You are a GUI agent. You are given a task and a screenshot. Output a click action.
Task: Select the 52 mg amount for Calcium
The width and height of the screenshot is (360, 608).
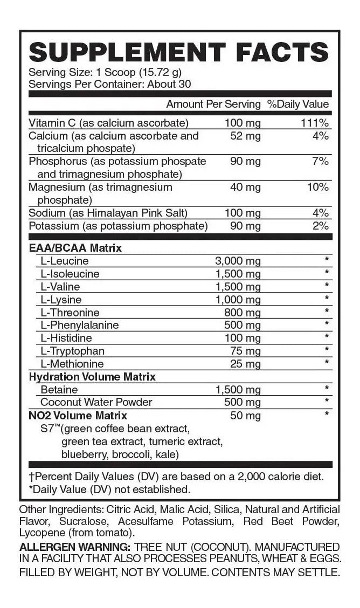click(x=245, y=136)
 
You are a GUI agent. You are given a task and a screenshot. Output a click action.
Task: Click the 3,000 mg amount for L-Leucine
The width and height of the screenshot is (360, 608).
click(x=238, y=261)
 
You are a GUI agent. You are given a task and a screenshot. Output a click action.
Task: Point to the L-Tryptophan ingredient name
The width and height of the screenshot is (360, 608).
click(x=70, y=351)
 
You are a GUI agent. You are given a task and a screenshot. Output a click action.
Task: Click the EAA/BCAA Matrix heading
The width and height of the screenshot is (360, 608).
click(x=75, y=248)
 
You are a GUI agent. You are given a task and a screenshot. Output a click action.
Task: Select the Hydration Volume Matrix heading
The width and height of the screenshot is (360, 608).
click(x=92, y=377)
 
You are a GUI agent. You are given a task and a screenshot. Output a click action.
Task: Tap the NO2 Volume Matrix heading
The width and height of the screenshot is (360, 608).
click(x=78, y=416)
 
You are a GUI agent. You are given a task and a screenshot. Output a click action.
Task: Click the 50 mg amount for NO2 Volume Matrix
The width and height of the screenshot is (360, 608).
click(x=245, y=416)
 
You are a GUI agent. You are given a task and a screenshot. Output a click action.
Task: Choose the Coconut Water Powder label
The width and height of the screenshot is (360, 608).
click(x=96, y=402)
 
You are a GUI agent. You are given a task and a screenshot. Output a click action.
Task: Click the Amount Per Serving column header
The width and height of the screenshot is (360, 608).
click(x=213, y=104)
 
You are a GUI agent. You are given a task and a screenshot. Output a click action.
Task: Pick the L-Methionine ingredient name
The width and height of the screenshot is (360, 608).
click(x=72, y=364)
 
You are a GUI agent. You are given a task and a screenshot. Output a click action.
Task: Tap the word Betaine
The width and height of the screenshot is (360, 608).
click(x=59, y=390)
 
